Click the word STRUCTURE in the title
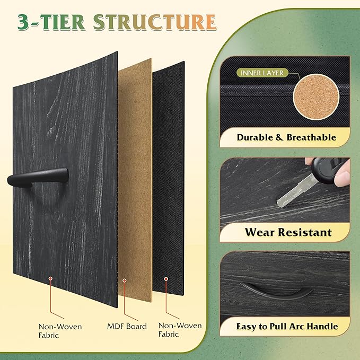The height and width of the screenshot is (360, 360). [x=155, y=22]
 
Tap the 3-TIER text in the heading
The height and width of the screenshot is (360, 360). [x=51, y=22]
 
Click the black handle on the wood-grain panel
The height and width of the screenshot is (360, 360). [x=38, y=177]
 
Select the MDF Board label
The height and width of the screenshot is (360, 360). [x=127, y=326]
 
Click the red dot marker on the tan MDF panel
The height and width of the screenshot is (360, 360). [x=125, y=280]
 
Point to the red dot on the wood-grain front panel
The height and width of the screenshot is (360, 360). [x=50, y=278]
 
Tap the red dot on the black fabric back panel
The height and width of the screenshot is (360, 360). [x=166, y=279]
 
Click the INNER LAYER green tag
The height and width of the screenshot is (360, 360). [x=262, y=73]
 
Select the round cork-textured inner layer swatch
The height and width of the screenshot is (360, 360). [x=317, y=97]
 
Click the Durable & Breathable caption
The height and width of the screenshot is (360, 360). [x=286, y=137]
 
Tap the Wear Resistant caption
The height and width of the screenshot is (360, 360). [x=288, y=232]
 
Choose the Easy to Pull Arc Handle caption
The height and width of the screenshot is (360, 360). [x=287, y=326]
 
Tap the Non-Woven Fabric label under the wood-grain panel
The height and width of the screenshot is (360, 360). [x=60, y=331]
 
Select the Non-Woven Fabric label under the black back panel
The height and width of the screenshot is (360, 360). [x=180, y=330]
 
